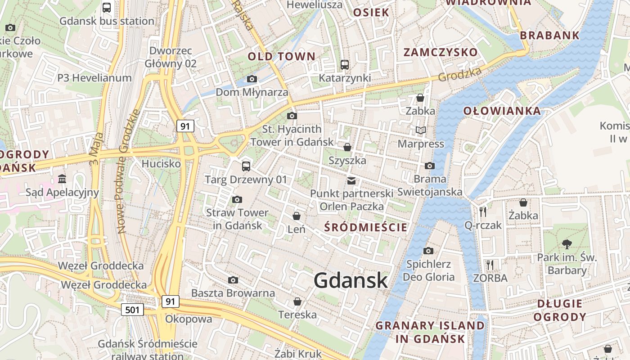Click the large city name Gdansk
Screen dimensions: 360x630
click(351, 280)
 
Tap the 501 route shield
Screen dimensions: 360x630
click(132, 309)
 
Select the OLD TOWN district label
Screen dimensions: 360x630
click(282, 56)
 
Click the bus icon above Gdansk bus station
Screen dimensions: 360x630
click(107, 8)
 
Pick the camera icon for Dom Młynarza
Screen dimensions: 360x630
click(252, 79)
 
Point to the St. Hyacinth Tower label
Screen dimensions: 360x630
click(292, 135)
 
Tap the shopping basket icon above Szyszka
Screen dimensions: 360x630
click(347, 147)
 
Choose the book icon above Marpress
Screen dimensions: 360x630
click(421, 130)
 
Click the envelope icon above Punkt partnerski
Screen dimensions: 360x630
click(351, 181)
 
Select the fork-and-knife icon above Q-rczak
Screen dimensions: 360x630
click(483, 211)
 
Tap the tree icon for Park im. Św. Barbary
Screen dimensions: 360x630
click(567, 244)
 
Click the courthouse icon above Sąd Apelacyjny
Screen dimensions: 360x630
click(62, 179)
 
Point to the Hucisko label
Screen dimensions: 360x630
click(161, 164)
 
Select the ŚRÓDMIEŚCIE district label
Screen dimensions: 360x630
click(366, 227)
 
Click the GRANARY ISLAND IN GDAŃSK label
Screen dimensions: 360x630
click(430, 332)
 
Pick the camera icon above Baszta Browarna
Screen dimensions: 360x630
click(233, 280)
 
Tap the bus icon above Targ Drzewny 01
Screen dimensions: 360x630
click(246, 166)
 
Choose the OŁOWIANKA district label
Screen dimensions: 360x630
click(502, 111)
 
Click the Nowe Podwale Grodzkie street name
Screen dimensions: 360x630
click(128, 171)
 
